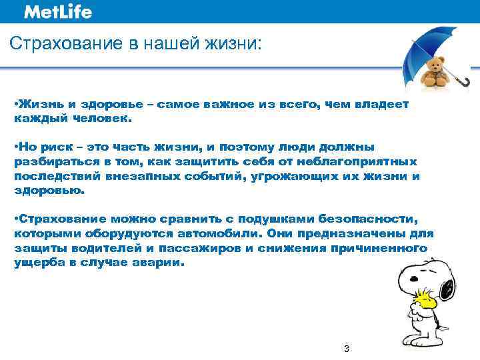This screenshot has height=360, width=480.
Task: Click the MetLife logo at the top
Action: pyautogui.click(x=58, y=12)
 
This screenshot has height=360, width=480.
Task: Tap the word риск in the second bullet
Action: pyautogui.click(x=52, y=147)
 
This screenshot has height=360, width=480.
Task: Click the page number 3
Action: pyautogui.click(x=345, y=349)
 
